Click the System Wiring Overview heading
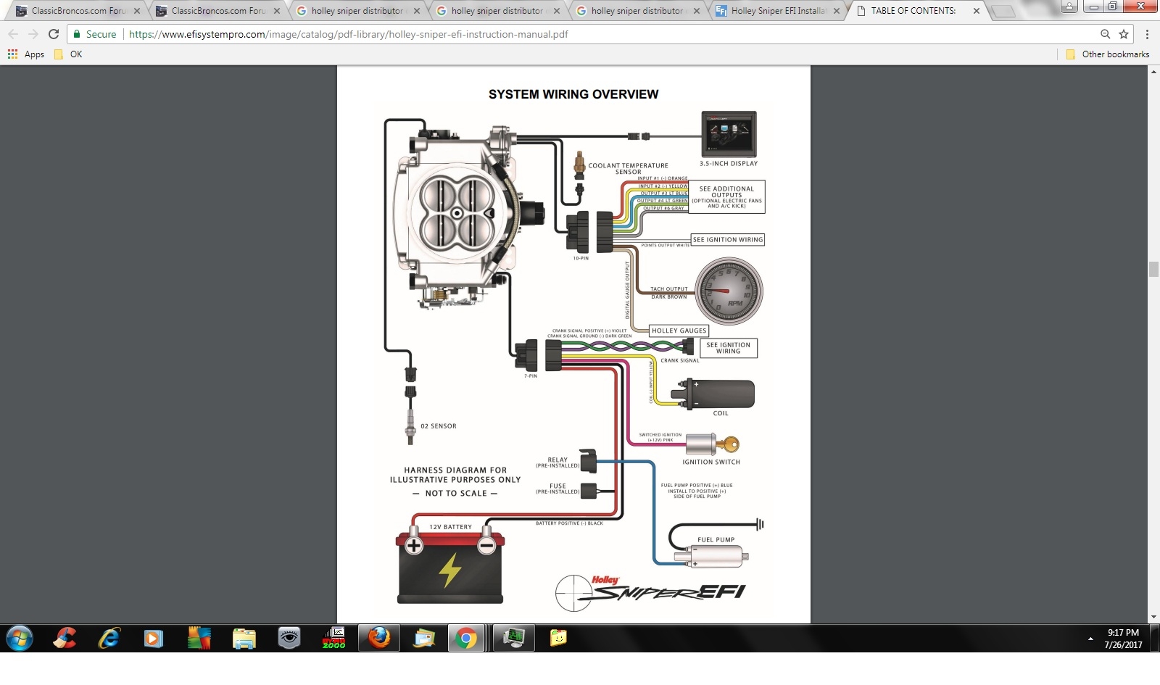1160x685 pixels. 573,94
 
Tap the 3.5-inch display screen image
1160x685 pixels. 729,133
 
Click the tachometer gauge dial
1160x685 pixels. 729,291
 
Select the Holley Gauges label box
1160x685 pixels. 679,331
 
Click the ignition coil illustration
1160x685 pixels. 718,394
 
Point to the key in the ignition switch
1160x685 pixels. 729,444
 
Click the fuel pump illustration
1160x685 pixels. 714,557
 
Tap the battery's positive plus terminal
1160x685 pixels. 414,546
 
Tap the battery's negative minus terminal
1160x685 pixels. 486,546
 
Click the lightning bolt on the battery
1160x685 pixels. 450,570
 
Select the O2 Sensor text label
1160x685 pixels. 438,426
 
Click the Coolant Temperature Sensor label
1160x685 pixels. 628,168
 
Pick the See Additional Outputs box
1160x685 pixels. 726,196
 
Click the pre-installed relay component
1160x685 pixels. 588,461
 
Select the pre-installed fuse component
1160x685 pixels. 588,491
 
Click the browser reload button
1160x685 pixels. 54,34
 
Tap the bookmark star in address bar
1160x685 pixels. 1124,34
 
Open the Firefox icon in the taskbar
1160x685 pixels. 378,638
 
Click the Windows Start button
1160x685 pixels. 20,638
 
